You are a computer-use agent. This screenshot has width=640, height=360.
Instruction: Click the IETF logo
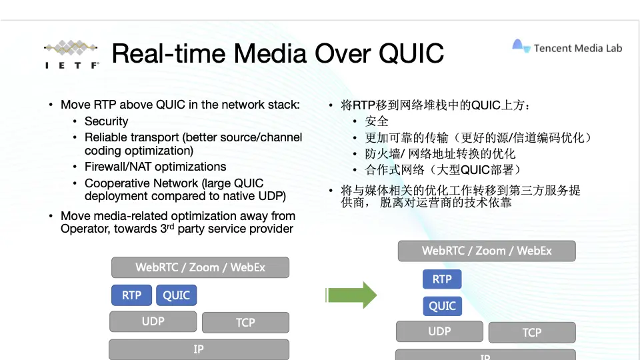[x=72, y=54]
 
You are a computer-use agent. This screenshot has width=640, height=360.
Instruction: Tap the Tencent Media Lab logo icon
[x=521, y=46]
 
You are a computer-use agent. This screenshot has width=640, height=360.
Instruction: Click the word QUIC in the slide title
[x=411, y=54]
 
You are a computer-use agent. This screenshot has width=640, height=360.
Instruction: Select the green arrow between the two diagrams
[x=351, y=295]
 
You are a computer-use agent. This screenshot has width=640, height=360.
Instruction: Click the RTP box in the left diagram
[x=131, y=295]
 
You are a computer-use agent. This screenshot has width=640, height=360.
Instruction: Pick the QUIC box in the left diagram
[x=176, y=295]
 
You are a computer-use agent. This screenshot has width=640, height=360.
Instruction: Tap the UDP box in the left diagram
[x=153, y=321]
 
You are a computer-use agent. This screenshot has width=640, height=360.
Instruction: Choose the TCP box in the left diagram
[x=245, y=323]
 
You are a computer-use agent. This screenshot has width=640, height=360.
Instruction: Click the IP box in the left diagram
[x=199, y=349]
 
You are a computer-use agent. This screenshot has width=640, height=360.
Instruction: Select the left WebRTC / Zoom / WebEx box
[x=201, y=267]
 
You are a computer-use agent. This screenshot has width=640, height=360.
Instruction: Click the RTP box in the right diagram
[x=442, y=279]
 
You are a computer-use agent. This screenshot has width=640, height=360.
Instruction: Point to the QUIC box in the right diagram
[x=443, y=306]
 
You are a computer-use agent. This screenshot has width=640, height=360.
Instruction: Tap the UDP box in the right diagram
[x=439, y=331]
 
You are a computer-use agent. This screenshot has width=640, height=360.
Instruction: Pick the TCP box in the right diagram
[x=532, y=333]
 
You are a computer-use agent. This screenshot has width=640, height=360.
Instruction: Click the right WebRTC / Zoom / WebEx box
[x=487, y=251]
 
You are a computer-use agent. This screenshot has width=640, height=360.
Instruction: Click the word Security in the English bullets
[x=107, y=121]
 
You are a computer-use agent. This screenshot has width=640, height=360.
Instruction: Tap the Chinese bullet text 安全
[x=376, y=121]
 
